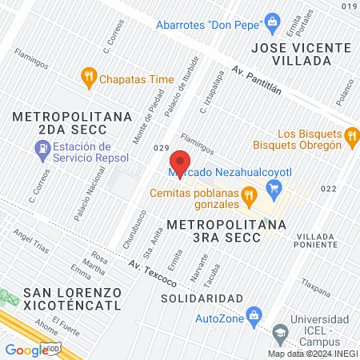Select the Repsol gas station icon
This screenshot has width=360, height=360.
pyautogui.click(x=40, y=148)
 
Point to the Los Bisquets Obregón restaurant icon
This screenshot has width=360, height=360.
pyautogui.click(x=350, y=139)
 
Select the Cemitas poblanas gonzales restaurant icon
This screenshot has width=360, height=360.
pyautogui.click(x=249, y=194)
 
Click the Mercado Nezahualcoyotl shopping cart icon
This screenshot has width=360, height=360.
pyautogui.click(x=274, y=188)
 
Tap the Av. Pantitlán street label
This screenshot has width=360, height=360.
pyautogui.click(x=258, y=82)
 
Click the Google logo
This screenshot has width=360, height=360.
pyautogui.click(x=26, y=349)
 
